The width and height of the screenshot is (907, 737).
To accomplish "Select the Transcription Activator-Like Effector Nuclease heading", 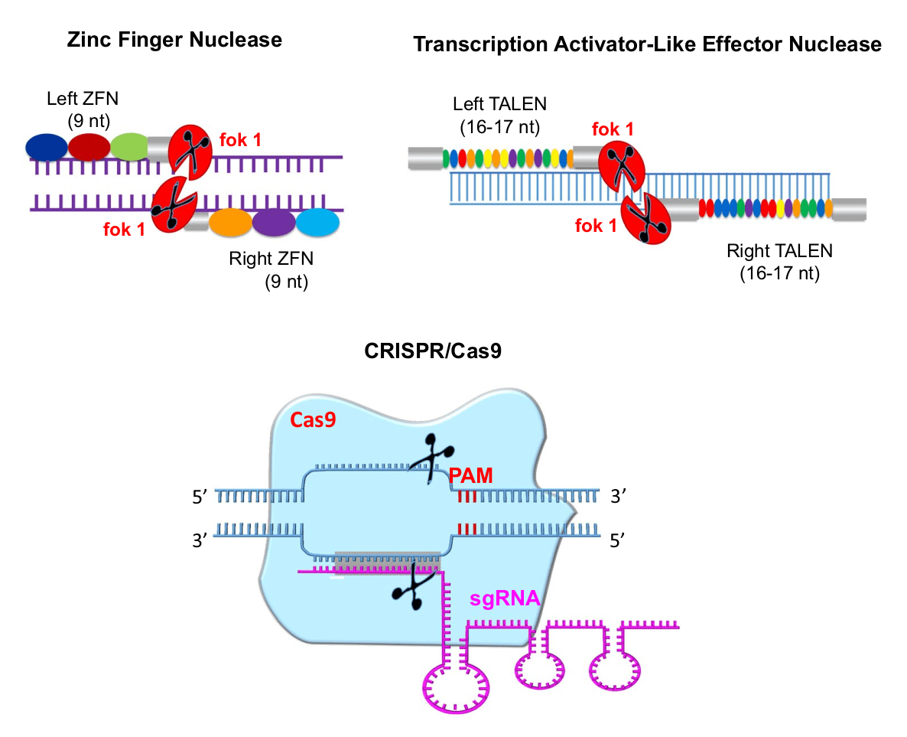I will point(647,44).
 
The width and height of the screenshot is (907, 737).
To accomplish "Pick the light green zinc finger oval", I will point(130,146).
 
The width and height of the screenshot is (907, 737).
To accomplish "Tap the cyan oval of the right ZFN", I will point(317,223).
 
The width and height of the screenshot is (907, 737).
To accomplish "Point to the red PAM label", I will point(470,476).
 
